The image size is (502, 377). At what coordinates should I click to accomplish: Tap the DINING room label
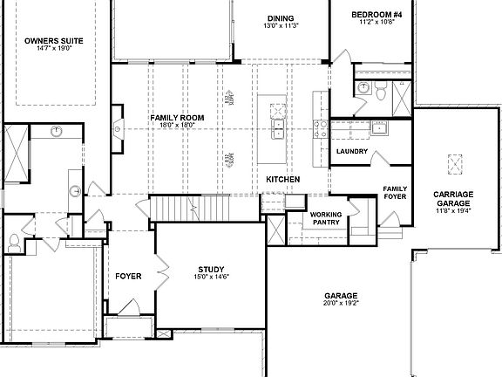click(281, 18)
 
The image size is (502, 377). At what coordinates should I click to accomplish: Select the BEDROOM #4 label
click(376, 15)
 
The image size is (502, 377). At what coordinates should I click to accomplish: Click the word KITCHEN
click(283, 179)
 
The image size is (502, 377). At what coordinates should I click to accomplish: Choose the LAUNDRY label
click(351, 152)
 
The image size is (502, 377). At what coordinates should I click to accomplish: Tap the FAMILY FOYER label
click(396, 192)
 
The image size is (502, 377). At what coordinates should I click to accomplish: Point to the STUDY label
click(211, 269)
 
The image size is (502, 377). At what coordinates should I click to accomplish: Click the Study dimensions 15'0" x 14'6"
click(211, 278)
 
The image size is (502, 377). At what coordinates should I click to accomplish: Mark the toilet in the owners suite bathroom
click(15, 241)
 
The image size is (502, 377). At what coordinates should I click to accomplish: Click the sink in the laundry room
click(379, 128)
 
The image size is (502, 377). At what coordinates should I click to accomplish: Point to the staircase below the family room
click(188, 208)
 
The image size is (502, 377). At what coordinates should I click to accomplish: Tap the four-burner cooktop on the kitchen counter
click(279, 112)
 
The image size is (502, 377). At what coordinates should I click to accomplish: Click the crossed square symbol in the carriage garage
click(455, 164)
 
